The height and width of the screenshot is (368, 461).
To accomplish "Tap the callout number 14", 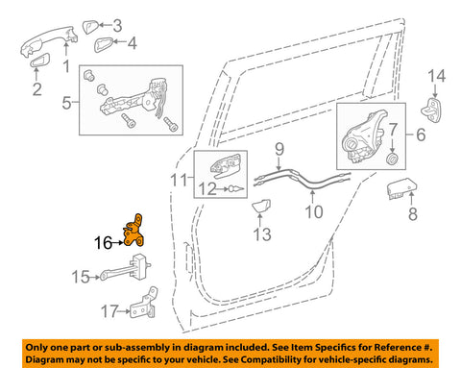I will [x=437, y=75].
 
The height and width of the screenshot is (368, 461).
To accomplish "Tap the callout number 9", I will [x=279, y=147].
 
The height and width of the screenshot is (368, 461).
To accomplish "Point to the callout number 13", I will [x=177, y=179].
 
